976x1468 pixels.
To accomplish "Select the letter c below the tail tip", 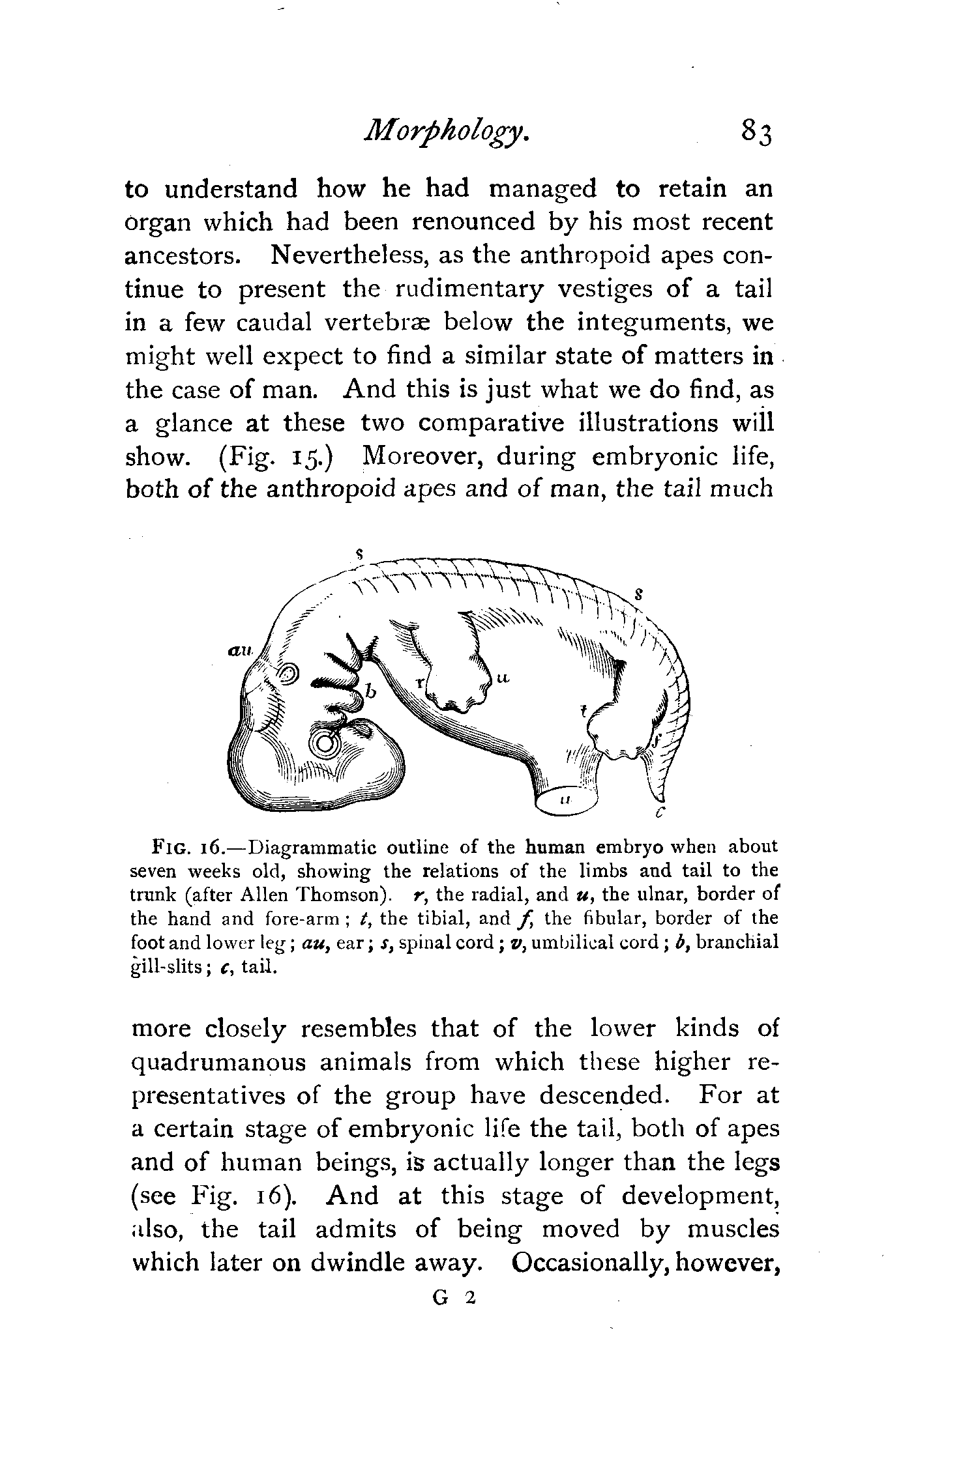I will pyautogui.click(x=659, y=812).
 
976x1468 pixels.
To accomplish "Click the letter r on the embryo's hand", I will pyautogui.click(x=421, y=683).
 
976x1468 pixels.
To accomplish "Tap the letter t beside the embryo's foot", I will pyautogui.click(x=584, y=712).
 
